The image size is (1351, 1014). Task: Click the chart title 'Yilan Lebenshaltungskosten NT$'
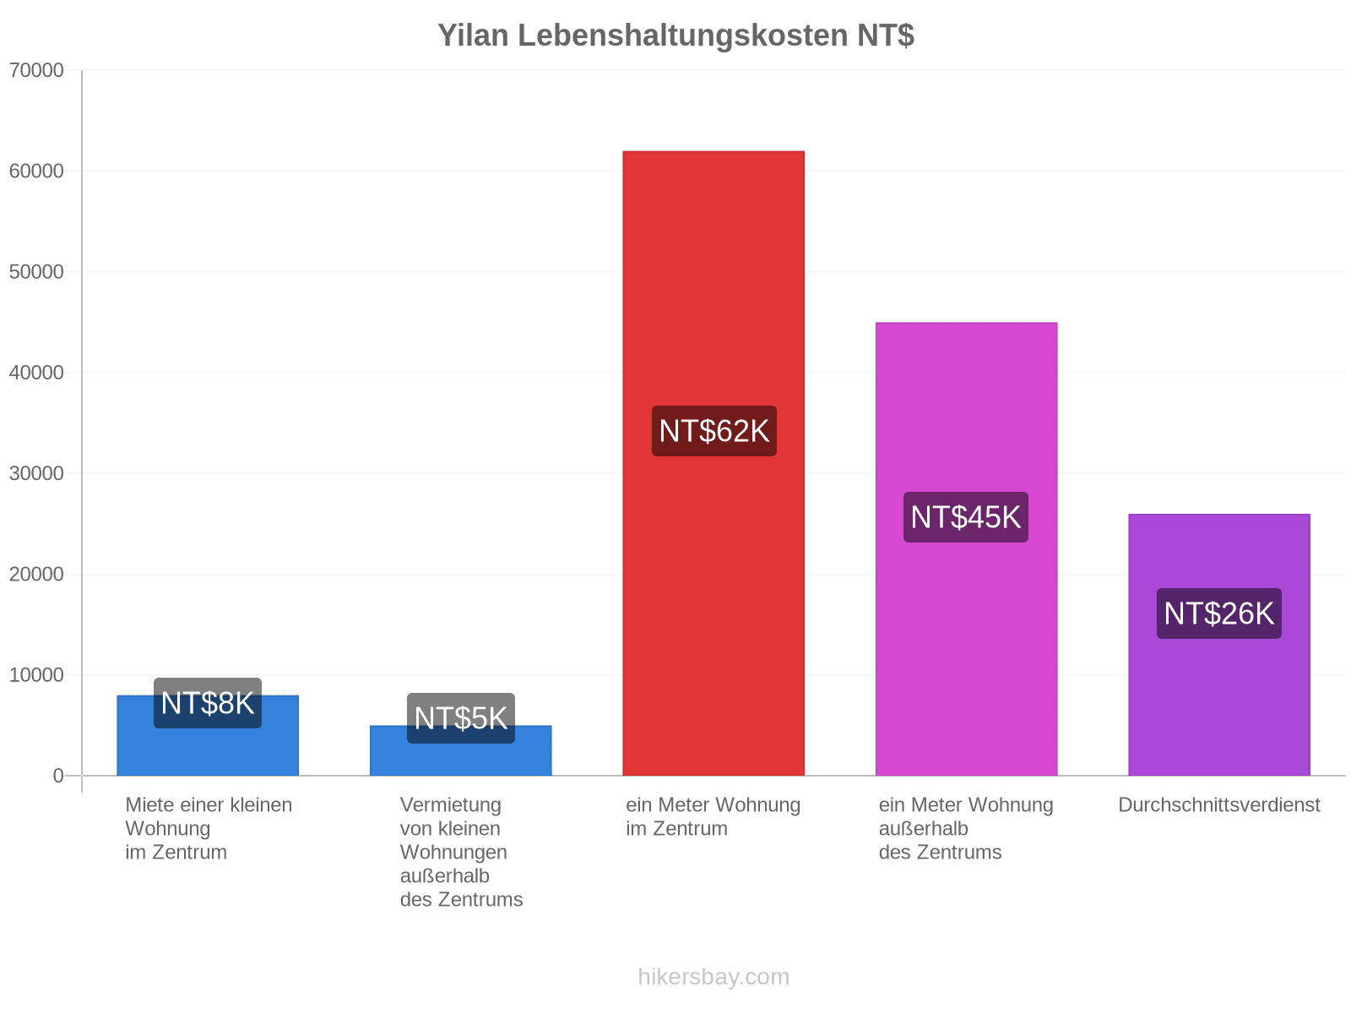[x=675, y=35]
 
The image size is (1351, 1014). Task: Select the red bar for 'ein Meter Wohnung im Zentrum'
[x=713, y=463]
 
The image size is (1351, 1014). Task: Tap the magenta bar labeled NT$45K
[x=966, y=548]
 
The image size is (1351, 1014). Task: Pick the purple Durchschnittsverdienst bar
[x=1219, y=645]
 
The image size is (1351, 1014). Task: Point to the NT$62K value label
[x=714, y=431]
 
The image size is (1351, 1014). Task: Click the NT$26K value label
[x=1219, y=613]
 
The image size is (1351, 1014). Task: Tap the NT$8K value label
[x=208, y=703]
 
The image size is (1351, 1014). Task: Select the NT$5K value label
[x=461, y=718]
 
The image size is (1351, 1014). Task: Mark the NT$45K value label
[x=966, y=517]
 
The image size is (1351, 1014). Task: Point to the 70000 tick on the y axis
[x=36, y=70]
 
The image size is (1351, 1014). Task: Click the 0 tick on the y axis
[x=58, y=776]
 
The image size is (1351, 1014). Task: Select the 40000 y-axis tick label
[x=36, y=373]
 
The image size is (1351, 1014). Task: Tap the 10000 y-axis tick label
[x=36, y=675]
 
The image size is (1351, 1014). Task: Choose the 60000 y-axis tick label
[x=36, y=172]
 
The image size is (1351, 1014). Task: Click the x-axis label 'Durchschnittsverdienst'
[x=1219, y=804]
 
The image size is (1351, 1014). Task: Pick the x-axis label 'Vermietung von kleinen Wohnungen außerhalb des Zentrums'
[x=461, y=852]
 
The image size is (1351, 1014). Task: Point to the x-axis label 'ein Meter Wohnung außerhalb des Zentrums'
[x=966, y=829]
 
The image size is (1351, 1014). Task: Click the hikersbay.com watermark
[x=713, y=977]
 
